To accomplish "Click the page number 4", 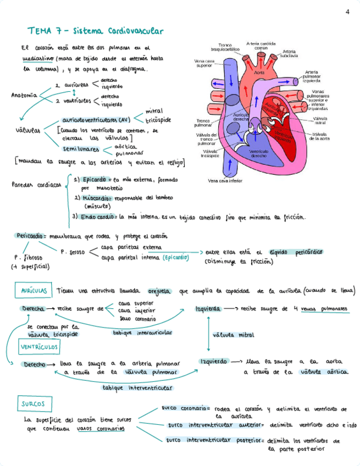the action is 347,12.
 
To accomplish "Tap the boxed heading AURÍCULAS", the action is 34,290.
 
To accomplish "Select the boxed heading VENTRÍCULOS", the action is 40,347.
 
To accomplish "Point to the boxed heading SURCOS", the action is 34,404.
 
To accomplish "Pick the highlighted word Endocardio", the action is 98,217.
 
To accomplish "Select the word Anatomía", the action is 24,95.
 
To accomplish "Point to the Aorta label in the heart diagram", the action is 260,71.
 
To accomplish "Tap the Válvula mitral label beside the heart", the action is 320,120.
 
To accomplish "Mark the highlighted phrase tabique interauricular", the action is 142,332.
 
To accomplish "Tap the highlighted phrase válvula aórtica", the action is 324,372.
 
